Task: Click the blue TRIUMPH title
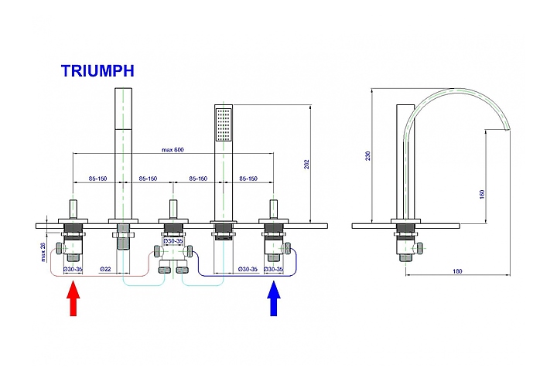98,71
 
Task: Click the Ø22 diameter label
106,269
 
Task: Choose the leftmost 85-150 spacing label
97,179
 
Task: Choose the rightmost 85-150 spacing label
249,179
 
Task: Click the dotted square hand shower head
223,124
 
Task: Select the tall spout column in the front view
122,155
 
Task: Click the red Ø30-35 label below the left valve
72,269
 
